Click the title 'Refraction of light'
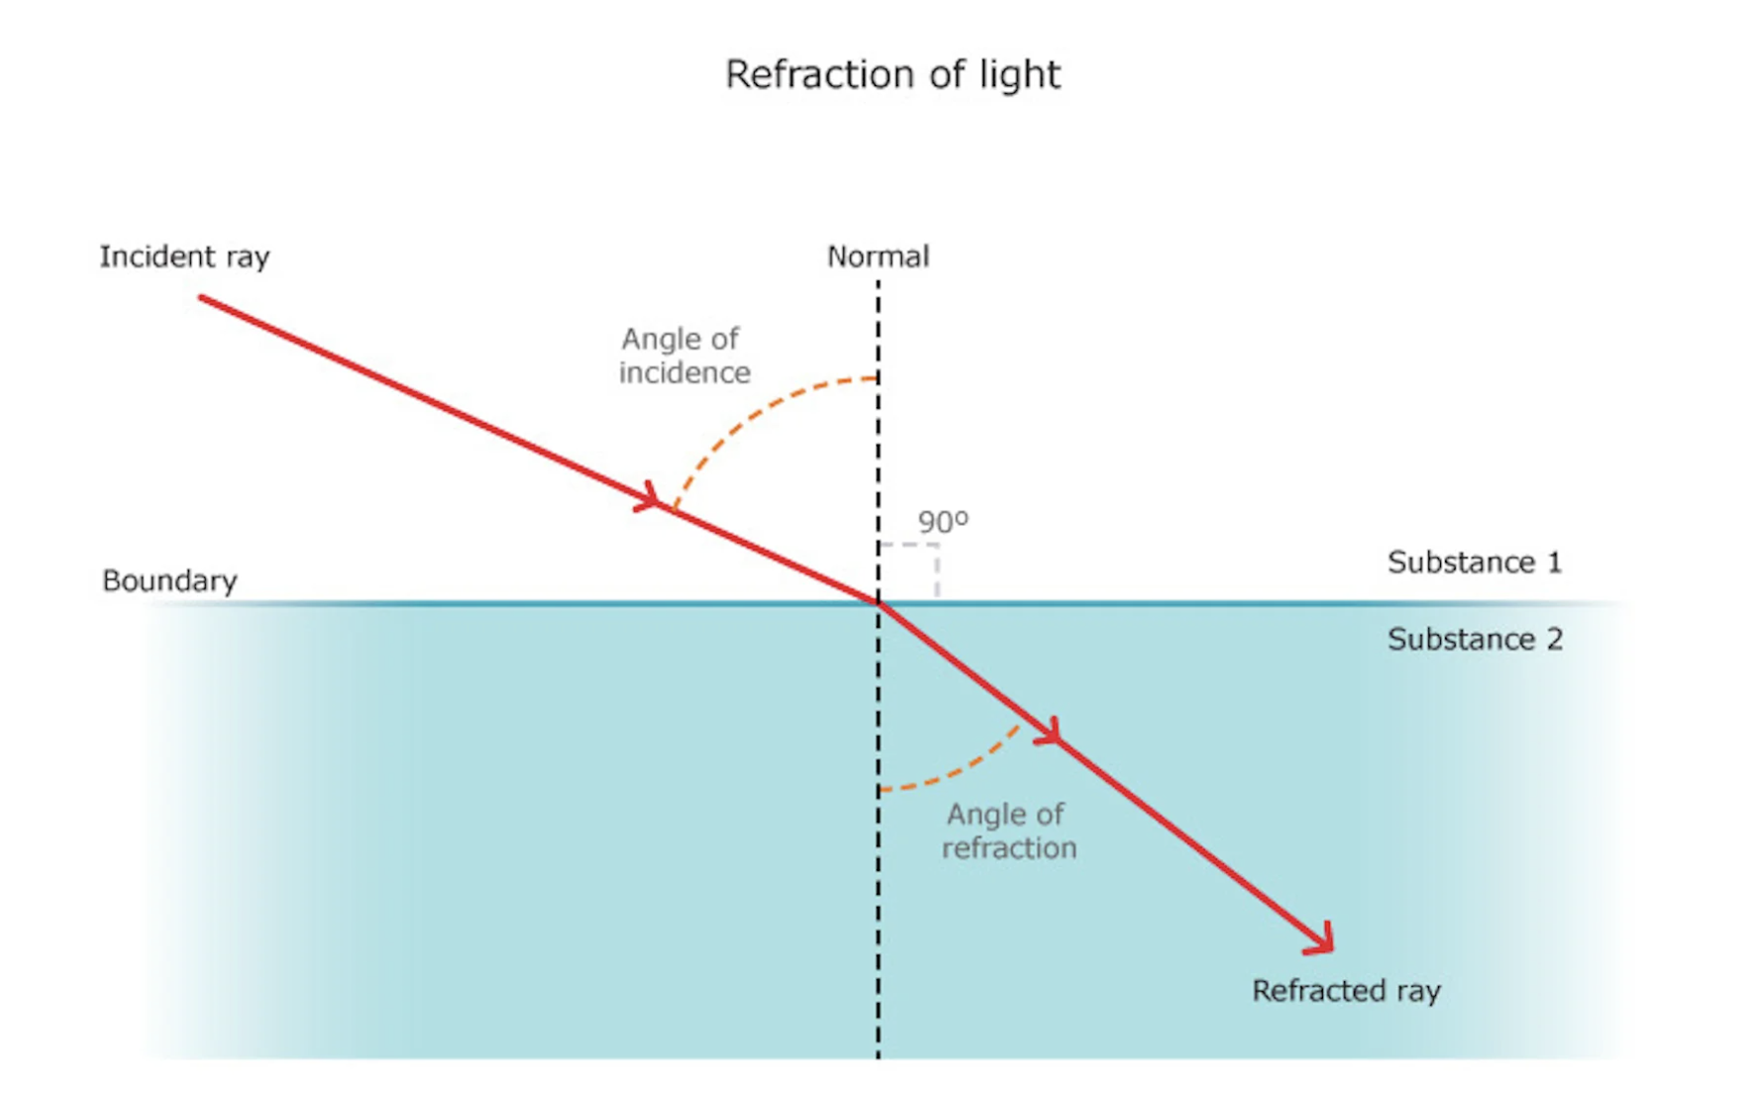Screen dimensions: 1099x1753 (892, 74)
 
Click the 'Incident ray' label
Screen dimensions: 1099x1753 (184, 257)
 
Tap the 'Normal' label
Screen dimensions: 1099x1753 (877, 257)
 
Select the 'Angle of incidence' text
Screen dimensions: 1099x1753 (683, 355)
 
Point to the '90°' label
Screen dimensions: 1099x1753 (942, 522)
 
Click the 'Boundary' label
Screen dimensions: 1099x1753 (169, 580)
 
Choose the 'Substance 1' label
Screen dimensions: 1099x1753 (1474, 562)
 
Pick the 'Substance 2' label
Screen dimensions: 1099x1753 (1474, 640)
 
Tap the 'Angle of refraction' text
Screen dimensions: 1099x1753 (1008, 831)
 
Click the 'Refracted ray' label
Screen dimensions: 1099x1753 (1346, 991)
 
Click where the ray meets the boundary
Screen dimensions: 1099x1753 (878, 602)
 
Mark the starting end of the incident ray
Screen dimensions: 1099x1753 (202, 298)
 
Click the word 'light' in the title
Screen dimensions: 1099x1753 (1020, 74)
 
